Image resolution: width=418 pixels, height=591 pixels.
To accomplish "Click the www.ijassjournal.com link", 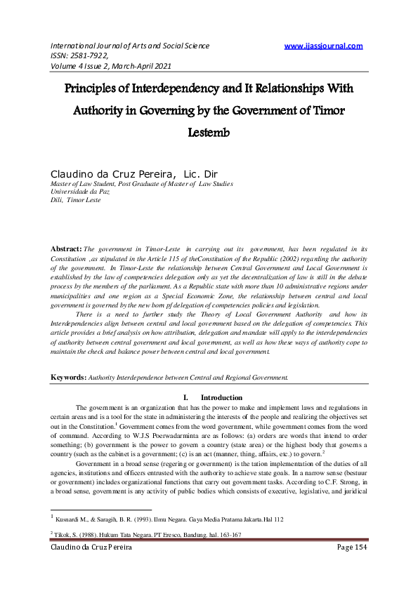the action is tap(323, 46).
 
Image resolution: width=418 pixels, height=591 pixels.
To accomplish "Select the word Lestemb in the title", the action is tap(209, 131).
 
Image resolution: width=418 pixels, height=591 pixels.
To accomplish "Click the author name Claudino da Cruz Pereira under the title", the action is tap(112, 173).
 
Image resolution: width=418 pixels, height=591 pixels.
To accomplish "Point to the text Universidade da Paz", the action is tap(79, 192).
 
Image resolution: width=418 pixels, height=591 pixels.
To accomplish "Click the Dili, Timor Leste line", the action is tap(74, 200).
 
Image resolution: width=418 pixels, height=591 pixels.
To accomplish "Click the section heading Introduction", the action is tap(221, 398).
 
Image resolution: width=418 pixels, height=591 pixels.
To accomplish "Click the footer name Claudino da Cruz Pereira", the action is tap(91, 566).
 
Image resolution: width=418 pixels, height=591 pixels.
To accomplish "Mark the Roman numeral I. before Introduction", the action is tap(185, 398).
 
